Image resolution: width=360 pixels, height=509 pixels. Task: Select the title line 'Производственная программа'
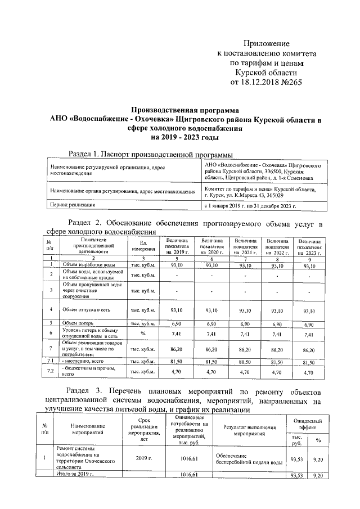coord(183,110)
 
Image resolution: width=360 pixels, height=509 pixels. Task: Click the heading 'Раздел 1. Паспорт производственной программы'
coord(150,155)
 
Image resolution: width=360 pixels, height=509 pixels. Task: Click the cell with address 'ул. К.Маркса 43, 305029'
coord(244,195)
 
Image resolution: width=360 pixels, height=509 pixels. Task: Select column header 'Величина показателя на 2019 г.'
coord(178,246)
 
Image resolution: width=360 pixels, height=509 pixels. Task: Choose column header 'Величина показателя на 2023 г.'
coord(309,246)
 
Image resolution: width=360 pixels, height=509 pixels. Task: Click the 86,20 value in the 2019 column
coord(177,349)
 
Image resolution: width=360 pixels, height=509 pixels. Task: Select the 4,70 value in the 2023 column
coord(309,372)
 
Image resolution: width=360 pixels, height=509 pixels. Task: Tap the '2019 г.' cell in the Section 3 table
coord(144,459)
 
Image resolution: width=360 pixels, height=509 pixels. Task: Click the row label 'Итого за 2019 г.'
coord(75,475)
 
